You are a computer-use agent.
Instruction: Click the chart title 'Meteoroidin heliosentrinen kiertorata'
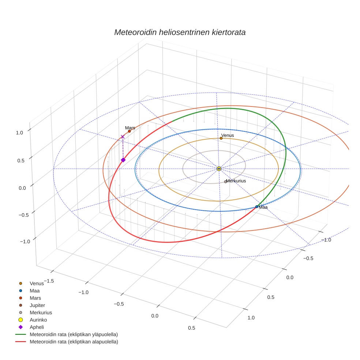coord(180,32)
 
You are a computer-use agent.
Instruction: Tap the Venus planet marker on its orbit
coord(221,138)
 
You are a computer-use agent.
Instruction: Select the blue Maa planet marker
coord(257,207)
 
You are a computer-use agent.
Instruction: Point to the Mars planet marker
coord(130,131)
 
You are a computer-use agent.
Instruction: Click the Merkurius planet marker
coord(225,182)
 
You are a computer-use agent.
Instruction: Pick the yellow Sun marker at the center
coord(219,169)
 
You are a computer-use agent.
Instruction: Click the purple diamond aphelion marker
coord(123,160)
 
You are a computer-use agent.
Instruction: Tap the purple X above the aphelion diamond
coord(123,137)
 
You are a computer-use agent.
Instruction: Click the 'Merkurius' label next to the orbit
coord(236,181)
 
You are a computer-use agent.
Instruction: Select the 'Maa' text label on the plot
coord(263,207)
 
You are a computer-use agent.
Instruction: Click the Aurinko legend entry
coord(38,320)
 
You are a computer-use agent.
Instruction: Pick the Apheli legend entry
coord(37,327)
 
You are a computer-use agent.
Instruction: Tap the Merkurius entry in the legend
coord(41,312)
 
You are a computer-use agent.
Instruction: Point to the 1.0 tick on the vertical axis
coord(20,133)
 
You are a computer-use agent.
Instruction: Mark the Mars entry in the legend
coord(35,298)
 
